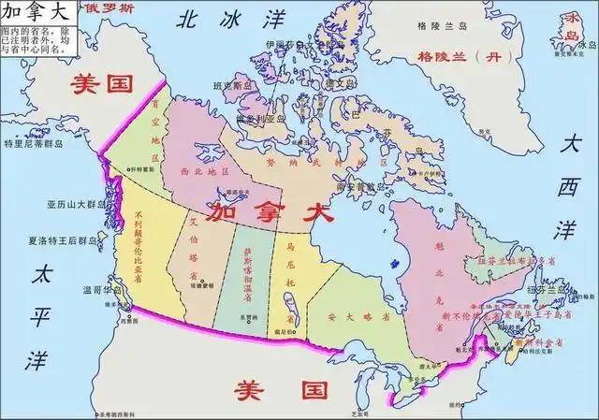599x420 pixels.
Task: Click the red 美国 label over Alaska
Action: pyautogui.click(x=104, y=83)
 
